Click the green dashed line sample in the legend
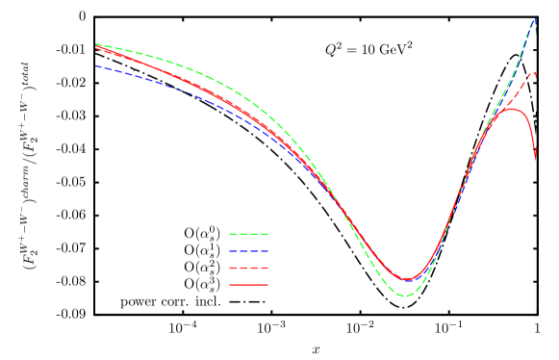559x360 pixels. [248, 234]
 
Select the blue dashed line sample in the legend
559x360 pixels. [248, 251]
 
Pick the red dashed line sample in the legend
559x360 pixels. [248, 269]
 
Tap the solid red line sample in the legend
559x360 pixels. [248, 285]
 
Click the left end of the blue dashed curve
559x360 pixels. [96, 66]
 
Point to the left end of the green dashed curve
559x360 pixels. [96, 44]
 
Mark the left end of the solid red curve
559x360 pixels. [96, 47]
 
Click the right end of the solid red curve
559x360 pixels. [536, 160]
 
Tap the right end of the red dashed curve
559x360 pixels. [536, 72]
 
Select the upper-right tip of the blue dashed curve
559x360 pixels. [536, 17]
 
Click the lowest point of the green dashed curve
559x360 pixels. [405, 296]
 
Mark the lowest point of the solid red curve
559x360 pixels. [408, 280]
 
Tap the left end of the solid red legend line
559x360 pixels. [230, 285]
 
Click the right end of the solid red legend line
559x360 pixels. [267, 285]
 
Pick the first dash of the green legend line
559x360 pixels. [233, 234]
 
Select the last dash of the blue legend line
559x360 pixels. [264, 251]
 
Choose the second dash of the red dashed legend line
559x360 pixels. [243, 269]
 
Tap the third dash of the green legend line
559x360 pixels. [253, 234]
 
